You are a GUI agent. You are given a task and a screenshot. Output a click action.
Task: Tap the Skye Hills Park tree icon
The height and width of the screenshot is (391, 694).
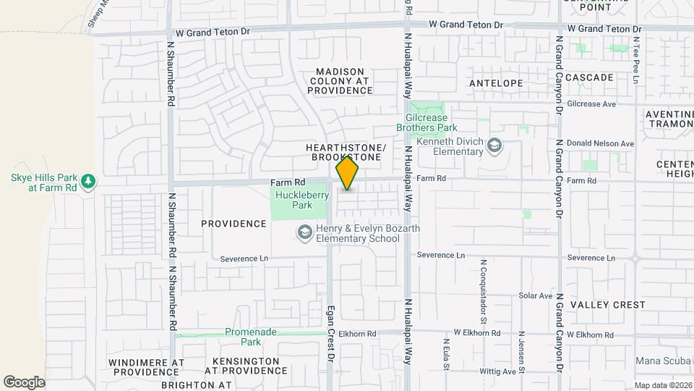[x=88, y=180]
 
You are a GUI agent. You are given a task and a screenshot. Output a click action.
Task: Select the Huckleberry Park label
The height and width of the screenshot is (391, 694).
[x=294, y=200]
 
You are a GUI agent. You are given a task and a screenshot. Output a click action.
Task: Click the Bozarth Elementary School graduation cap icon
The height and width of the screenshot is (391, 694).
[x=305, y=232]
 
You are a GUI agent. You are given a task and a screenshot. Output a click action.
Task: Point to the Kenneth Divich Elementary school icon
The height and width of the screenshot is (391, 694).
[x=494, y=146]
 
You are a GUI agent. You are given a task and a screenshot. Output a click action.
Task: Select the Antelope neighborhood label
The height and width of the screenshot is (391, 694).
[x=496, y=83]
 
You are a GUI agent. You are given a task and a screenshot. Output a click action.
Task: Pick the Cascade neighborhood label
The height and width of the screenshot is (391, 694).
[x=589, y=77]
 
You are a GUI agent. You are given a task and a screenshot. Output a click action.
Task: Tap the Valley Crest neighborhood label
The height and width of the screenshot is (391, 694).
[x=607, y=305]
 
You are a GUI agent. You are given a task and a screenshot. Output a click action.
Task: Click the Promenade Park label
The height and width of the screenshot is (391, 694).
[x=240, y=337]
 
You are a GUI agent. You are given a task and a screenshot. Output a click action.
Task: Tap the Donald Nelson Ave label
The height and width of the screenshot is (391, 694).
[x=600, y=143]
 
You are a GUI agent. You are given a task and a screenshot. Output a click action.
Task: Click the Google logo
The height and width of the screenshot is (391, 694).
[x=25, y=382]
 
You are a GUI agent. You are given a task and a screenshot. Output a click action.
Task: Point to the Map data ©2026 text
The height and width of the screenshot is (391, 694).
[x=661, y=385]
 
